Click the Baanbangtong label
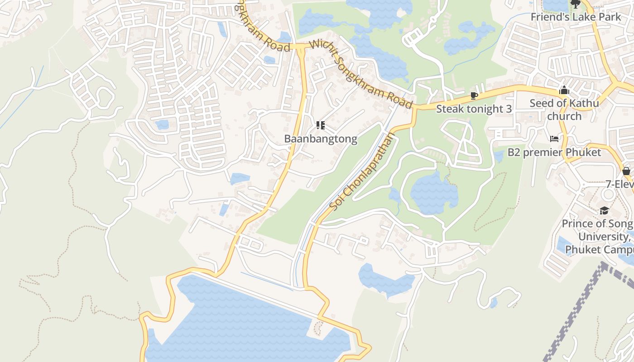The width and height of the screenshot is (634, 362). pyautogui.click(x=321, y=139)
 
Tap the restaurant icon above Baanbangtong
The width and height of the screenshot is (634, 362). pyautogui.click(x=321, y=125)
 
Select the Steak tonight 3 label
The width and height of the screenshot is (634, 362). pyautogui.click(x=474, y=109)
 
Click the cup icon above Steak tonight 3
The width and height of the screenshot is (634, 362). pyautogui.click(x=474, y=95)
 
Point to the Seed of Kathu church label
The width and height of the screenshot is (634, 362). pyautogui.click(x=564, y=110)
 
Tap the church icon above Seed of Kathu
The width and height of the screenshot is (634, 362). pyautogui.click(x=564, y=90)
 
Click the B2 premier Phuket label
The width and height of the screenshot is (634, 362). pyautogui.click(x=554, y=152)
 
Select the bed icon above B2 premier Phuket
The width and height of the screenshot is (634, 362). pyautogui.click(x=554, y=138)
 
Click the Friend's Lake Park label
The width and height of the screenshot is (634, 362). pyautogui.click(x=576, y=17)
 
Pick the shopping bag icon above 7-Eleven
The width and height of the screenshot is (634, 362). pyautogui.click(x=626, y=171)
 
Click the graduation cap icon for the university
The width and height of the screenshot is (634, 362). pyautogui.click(x=604, y=210)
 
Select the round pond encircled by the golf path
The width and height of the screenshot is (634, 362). pyautogui.click(x=433, y=192)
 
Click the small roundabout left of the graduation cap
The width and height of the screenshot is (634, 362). pyautogui.click(x=608, y=194)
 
